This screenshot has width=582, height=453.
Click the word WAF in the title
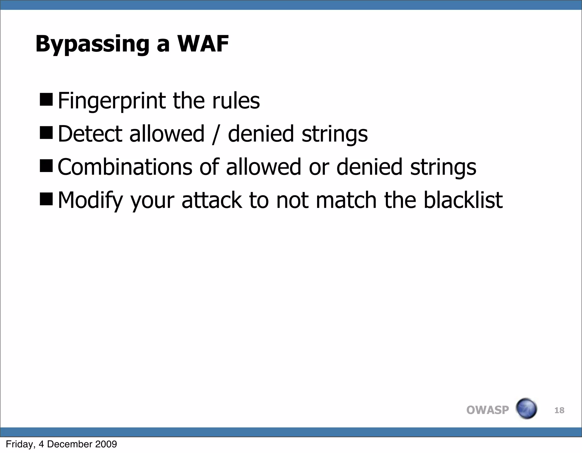[203, 44]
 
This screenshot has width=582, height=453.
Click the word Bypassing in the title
[92, 44]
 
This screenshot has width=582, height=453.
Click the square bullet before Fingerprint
[46, 100]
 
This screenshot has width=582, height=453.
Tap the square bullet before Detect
[46, 133]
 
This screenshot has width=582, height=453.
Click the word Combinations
[125, 167]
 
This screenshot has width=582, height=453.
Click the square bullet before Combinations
[46, 166]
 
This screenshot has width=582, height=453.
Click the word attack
[212, 200]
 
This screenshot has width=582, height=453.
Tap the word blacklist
[463, 200]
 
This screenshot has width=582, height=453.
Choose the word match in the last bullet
[346, 200]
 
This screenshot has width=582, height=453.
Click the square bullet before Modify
[46, 199]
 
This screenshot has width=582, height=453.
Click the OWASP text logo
[487, 410]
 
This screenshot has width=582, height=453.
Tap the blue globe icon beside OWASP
[526, 409]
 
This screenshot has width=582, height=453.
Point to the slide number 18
[559, 410]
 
